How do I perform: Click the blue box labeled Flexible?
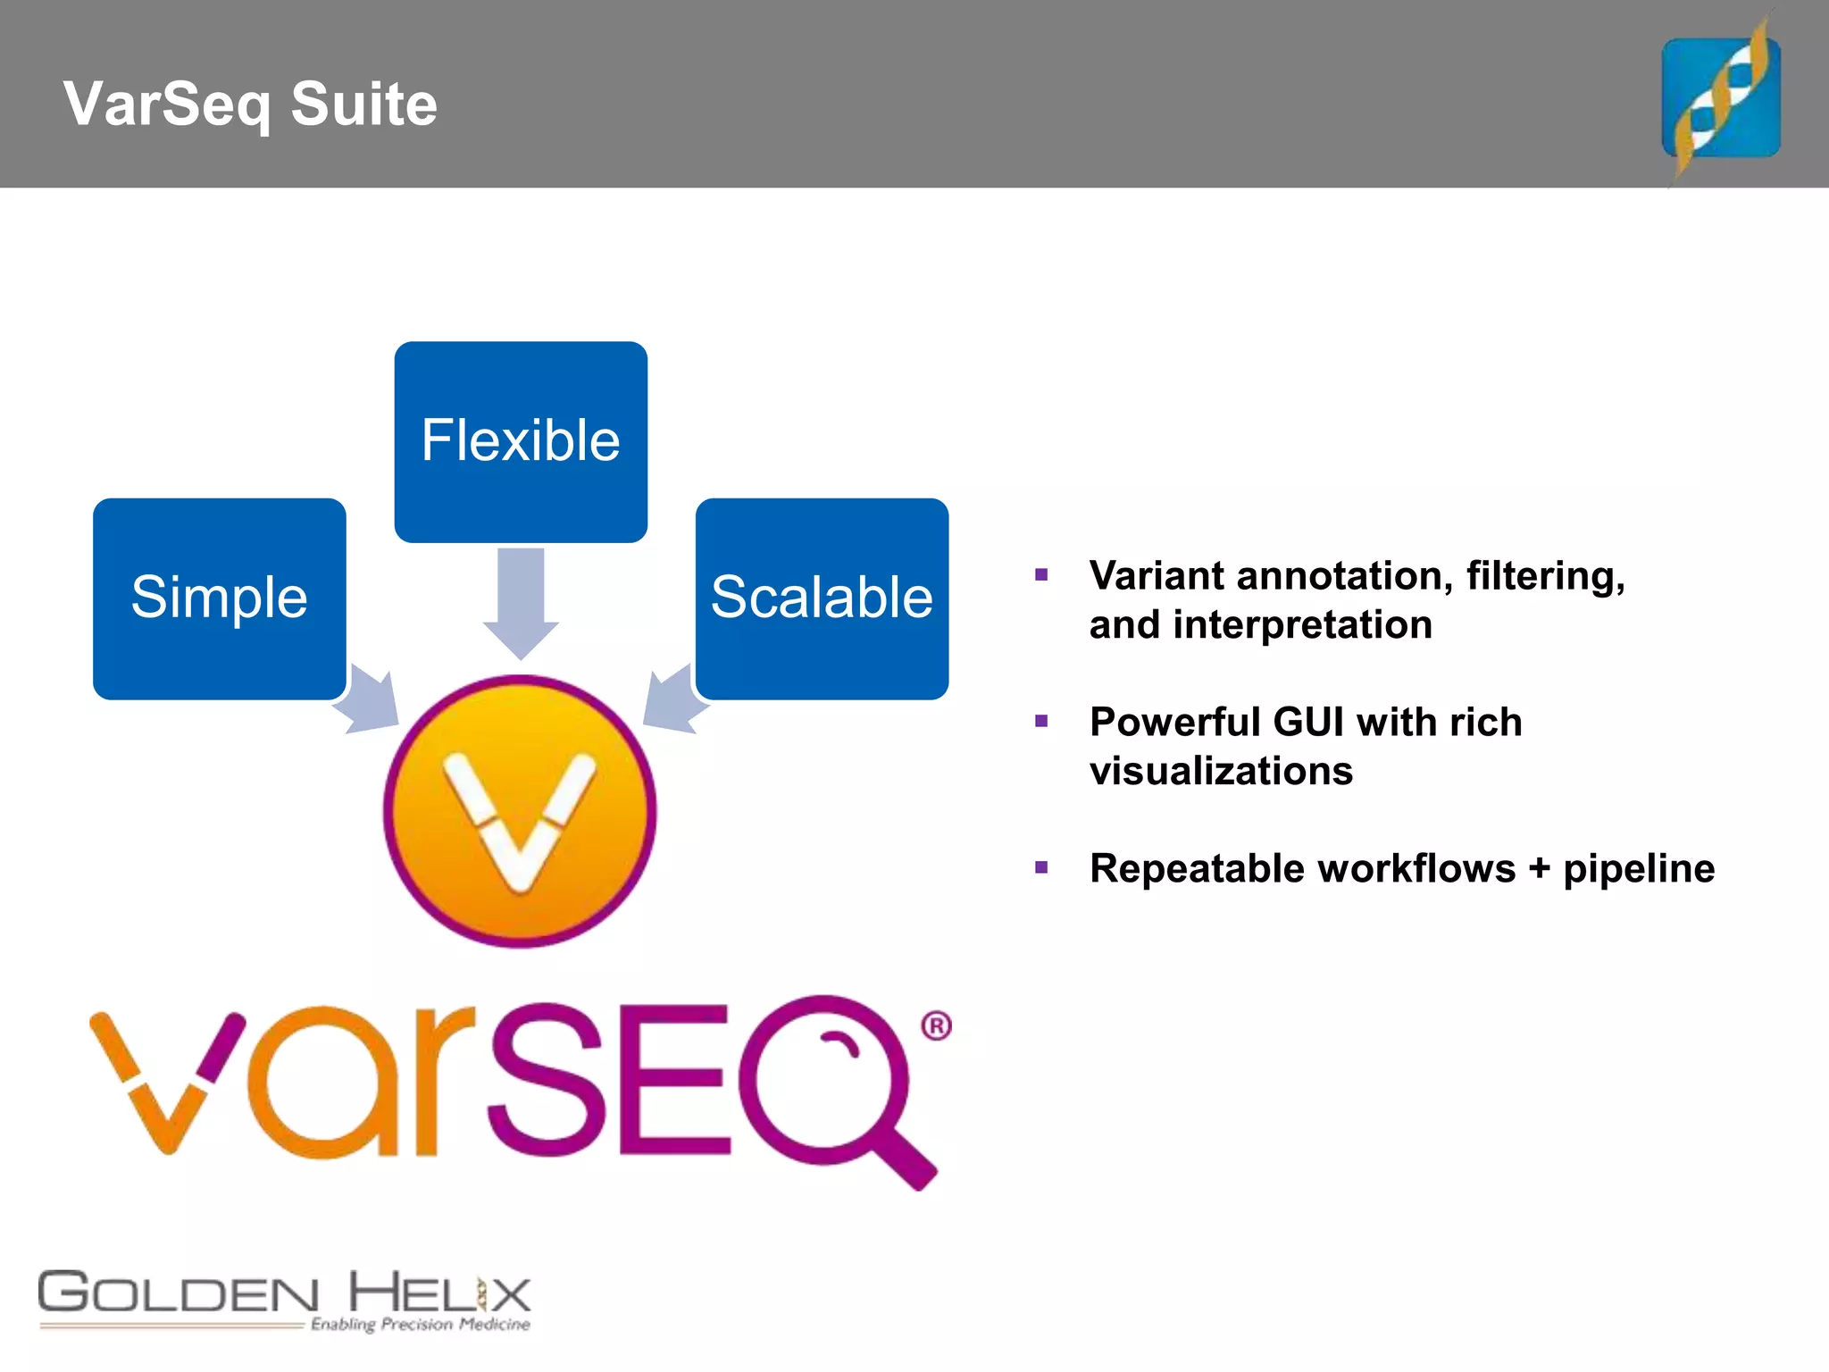(521, 441)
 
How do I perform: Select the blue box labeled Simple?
(219, 598)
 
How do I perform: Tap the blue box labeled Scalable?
(822, 598)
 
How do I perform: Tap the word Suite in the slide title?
(363, 104)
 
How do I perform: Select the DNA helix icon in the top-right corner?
(1720, 96)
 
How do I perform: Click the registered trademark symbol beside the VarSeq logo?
(936, 1025)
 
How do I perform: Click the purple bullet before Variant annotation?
(1040, 574)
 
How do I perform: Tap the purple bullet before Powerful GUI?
(1040, 721)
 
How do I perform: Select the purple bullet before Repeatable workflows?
(1040, 867)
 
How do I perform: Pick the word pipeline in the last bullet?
(1639, 869)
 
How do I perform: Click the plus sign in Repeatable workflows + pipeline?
(1539, 869)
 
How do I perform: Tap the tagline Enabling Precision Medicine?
(420, 1324)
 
